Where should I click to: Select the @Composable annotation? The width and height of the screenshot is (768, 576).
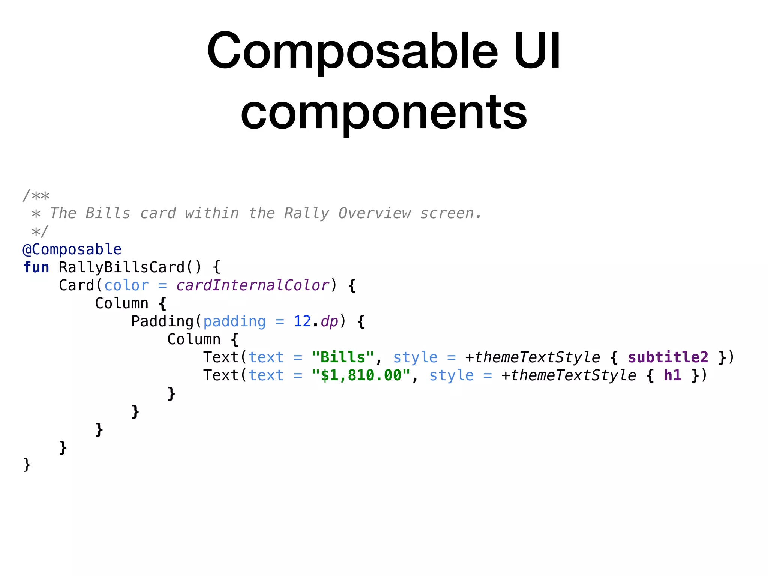72,249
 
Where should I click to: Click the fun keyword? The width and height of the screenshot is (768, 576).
36,267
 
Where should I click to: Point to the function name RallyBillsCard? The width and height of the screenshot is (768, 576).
121,267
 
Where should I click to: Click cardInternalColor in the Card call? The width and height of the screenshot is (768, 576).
253,285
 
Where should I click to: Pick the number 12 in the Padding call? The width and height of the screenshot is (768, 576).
302,321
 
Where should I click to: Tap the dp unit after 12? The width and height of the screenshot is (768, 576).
329,321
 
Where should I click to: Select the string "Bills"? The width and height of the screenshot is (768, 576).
343,357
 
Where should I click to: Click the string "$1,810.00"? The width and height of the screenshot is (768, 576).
361,375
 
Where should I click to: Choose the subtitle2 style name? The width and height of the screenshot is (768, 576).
668,357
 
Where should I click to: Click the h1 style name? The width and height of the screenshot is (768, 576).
672,375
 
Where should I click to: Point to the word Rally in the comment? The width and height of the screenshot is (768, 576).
307,213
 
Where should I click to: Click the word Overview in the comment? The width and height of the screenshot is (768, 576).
374,213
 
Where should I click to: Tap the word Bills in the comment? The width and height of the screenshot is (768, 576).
108,213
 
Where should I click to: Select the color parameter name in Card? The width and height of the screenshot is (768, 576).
126,285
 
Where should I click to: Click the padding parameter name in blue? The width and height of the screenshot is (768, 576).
234,321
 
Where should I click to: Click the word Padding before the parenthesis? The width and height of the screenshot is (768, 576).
162,321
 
